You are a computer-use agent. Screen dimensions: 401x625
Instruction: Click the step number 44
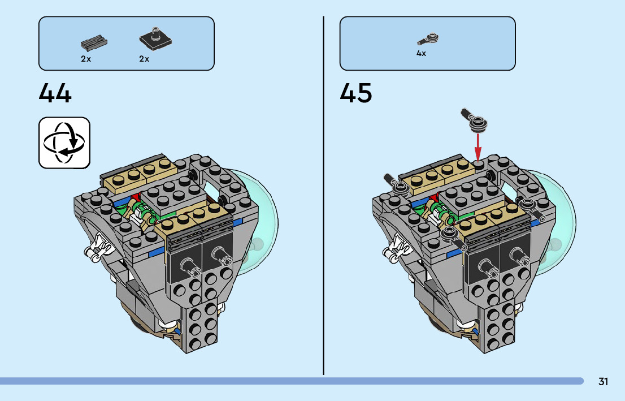[55, 93]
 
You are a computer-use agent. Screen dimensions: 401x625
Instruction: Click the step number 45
[356, 93]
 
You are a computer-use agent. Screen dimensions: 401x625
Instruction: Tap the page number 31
[603, 382]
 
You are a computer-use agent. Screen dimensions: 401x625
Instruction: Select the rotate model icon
[64, 143]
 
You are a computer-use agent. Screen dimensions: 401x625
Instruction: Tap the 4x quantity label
[421, 54]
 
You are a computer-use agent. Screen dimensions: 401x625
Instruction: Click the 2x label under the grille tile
[86, 59]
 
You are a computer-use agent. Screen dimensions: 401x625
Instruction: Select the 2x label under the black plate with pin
[144, 59]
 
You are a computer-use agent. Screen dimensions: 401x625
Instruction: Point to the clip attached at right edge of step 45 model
[532, 205]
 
